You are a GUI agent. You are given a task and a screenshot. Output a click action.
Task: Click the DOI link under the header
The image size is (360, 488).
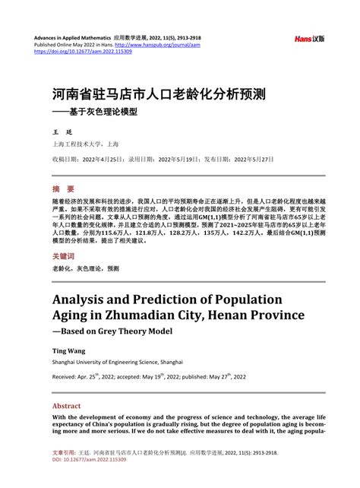pos(84,52)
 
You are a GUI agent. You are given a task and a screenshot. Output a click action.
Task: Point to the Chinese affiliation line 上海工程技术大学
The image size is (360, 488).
pos(85,144)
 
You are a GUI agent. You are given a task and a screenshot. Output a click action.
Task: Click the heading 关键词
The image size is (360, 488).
pos(65,257)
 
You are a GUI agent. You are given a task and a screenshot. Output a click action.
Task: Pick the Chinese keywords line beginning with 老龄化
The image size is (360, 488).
pos(85,269)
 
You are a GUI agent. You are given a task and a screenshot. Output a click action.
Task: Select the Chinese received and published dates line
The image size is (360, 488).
pos(163,160)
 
